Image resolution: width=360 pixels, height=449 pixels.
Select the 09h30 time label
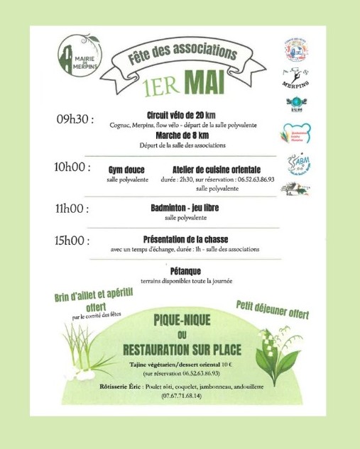[x=75, y=118]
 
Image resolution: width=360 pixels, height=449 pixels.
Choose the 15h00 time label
[x=72, y=240]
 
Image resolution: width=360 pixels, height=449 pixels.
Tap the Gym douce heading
[x=124, y=170]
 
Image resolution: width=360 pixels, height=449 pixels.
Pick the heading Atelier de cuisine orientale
[x=217, y=170]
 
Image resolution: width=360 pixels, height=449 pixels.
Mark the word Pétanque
[x=186, y=271]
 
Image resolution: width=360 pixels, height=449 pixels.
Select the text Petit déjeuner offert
[x=272, y=309]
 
